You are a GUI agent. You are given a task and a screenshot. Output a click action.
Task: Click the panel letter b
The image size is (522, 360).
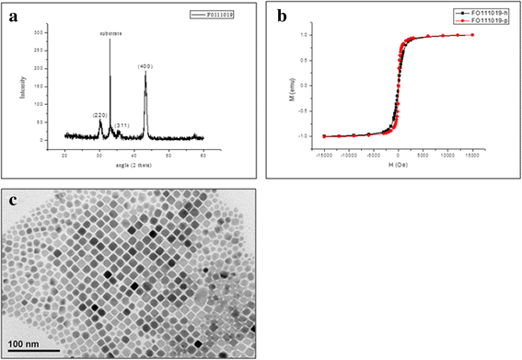click(x=278, y=14)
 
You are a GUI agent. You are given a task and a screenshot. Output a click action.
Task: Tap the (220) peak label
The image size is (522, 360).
click(x=100, y=114)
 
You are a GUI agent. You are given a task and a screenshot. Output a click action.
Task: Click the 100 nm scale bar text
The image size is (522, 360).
click(x=33, y=345)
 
